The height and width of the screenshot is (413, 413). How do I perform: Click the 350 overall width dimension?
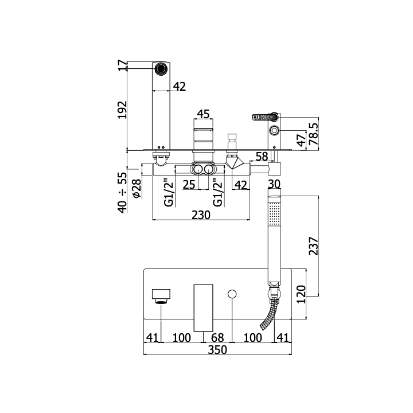point(217,350)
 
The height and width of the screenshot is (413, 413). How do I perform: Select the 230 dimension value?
point(201,215)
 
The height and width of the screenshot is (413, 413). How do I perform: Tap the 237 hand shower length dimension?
point(313,246)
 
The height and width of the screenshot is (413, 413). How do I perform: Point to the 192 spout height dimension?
point(122,110)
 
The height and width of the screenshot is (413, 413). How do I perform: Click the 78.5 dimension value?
point(313,134)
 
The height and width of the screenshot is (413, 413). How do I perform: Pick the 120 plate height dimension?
point(301,294)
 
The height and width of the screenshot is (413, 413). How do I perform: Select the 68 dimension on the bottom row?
point(217,338)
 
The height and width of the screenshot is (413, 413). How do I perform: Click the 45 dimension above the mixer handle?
point(203,114)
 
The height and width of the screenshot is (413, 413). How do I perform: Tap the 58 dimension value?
point(262,157)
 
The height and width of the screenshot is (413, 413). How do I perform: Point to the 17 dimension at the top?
point(122,65)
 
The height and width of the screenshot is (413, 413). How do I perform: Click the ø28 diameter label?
point(137,188)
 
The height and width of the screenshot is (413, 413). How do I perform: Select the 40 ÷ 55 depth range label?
point(122,193)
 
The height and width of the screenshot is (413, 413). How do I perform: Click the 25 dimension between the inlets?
point(189,185)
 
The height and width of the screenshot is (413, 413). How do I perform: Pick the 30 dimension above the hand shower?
point(274,184)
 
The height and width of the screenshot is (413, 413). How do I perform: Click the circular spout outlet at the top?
point(161,69)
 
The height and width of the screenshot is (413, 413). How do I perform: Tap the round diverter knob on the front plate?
point(232,294)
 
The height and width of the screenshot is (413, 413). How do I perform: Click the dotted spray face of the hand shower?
point(274,214)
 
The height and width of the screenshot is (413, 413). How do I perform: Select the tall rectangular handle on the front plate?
point(203,308)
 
